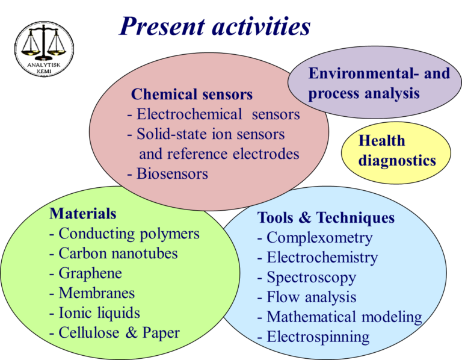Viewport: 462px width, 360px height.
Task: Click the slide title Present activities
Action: [x=214, y=26]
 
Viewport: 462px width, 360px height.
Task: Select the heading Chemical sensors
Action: [x=191, y=95]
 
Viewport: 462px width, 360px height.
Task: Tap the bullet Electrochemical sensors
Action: [x=214, y=114]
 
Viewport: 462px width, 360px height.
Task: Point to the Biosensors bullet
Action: [x=168, y=174]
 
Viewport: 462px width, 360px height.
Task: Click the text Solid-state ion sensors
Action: [x=206, y=134]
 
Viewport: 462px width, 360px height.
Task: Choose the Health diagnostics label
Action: [x=396, y=151]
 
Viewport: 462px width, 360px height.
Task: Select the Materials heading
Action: [x=83, y=213]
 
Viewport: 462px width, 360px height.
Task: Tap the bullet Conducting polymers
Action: [x=125, y=234]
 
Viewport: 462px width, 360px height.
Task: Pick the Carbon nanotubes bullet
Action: [x=114, y=253]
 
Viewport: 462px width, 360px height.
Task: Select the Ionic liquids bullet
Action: [x=95, y=313]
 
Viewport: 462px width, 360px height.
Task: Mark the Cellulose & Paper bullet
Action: [x=114, y=333]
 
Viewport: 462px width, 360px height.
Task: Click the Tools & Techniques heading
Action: [x=326, y=217]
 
